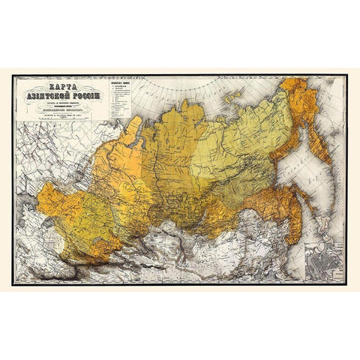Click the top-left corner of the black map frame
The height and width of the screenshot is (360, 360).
(x=14, y=74)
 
